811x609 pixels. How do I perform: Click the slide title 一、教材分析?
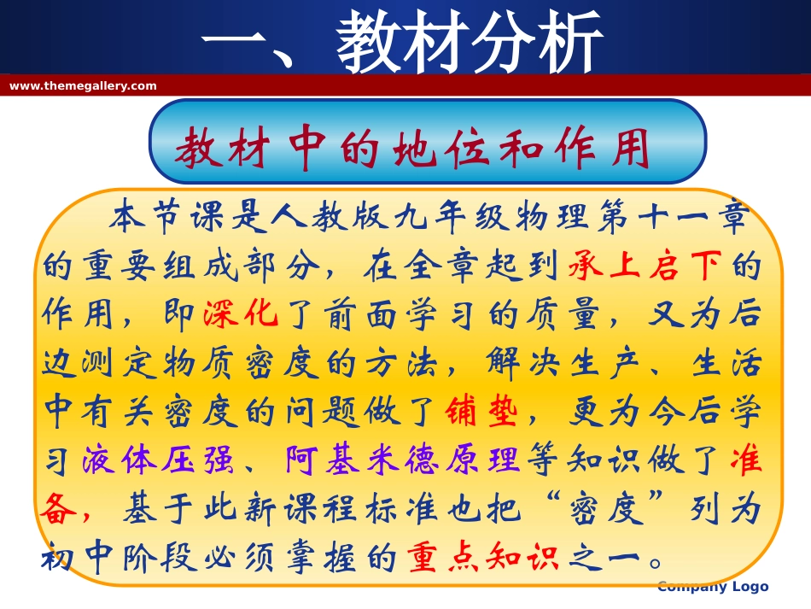[402, 41]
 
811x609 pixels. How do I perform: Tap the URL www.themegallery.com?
[83, 85]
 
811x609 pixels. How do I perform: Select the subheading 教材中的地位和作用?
[412, 149]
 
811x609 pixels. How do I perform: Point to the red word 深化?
[242, 316]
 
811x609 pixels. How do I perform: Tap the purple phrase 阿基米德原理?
[402, 461]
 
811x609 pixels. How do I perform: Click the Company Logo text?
[714, 586]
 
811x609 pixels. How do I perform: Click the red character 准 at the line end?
[745, 461]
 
